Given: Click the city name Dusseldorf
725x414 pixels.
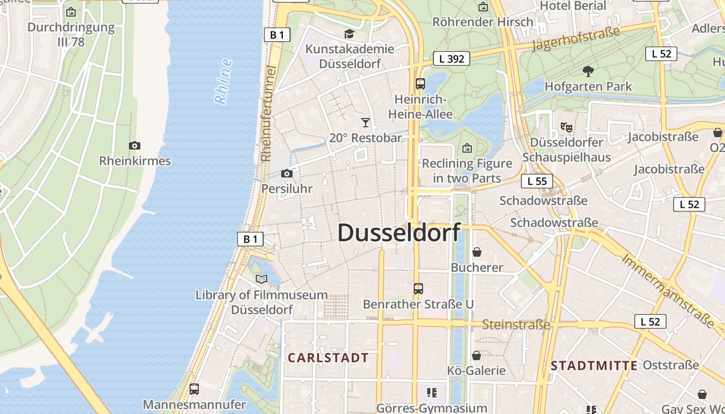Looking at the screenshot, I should [399, 233].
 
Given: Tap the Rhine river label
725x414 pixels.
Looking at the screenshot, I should [223, 82].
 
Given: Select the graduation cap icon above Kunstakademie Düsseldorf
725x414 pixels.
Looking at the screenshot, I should [349, 34].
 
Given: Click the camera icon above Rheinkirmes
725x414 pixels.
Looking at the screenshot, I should [135, 146].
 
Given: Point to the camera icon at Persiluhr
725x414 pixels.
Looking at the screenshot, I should [286, 174].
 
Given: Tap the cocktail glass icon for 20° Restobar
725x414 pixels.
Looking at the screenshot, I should [366, 123].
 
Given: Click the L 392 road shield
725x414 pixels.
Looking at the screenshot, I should [452, 59].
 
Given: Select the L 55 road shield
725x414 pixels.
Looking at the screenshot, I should [537, 181].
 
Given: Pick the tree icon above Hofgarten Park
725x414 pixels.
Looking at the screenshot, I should [588, 71].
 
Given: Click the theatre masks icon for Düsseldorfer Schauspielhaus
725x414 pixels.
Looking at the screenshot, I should [567, 127].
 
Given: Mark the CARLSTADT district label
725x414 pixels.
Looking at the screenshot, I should [328, 358].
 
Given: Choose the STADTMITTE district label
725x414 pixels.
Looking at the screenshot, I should [593, 366].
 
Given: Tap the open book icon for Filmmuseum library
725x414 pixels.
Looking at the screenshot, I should [262, 279].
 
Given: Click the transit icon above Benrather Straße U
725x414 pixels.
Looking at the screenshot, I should [418, 289].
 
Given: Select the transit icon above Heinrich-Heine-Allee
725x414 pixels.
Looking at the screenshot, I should [421, 84].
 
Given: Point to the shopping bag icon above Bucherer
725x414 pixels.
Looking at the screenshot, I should [476, 252].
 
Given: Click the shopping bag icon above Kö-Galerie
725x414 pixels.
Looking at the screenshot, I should [476, 356].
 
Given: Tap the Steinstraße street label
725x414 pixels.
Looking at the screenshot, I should [516, 325].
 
